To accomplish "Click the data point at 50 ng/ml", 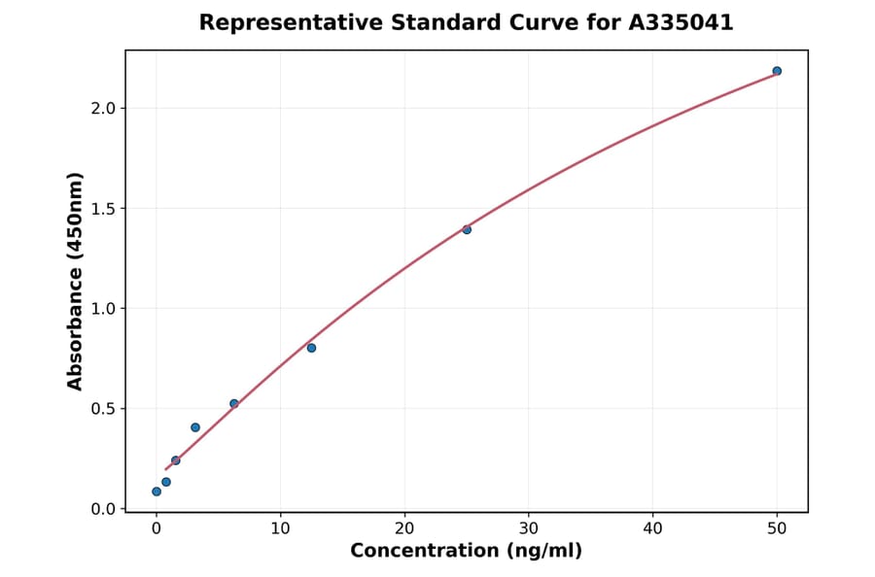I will tap(777, 71).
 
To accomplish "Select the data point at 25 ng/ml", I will tap(467, 229).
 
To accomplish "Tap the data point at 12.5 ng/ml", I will tap(311, 348).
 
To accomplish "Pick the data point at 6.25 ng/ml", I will tap(234, 403).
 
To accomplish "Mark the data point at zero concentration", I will tap(157, 492).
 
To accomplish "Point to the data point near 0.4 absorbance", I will tap(195, 427).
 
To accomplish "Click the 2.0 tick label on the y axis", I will tap(102, 109).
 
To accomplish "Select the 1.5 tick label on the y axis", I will tap(102, 209).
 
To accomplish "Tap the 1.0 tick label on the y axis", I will tap(102, 309).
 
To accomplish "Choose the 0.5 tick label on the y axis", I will tap(102, 409).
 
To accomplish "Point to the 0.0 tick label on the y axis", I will tap(102, 509).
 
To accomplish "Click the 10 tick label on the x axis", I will tap(280, 528).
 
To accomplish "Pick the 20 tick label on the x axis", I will tap(404, 528).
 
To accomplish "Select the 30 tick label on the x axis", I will tap(528, 528).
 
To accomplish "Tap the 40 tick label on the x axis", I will tap(652, 528).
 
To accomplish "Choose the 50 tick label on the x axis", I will tap(777, 528).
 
